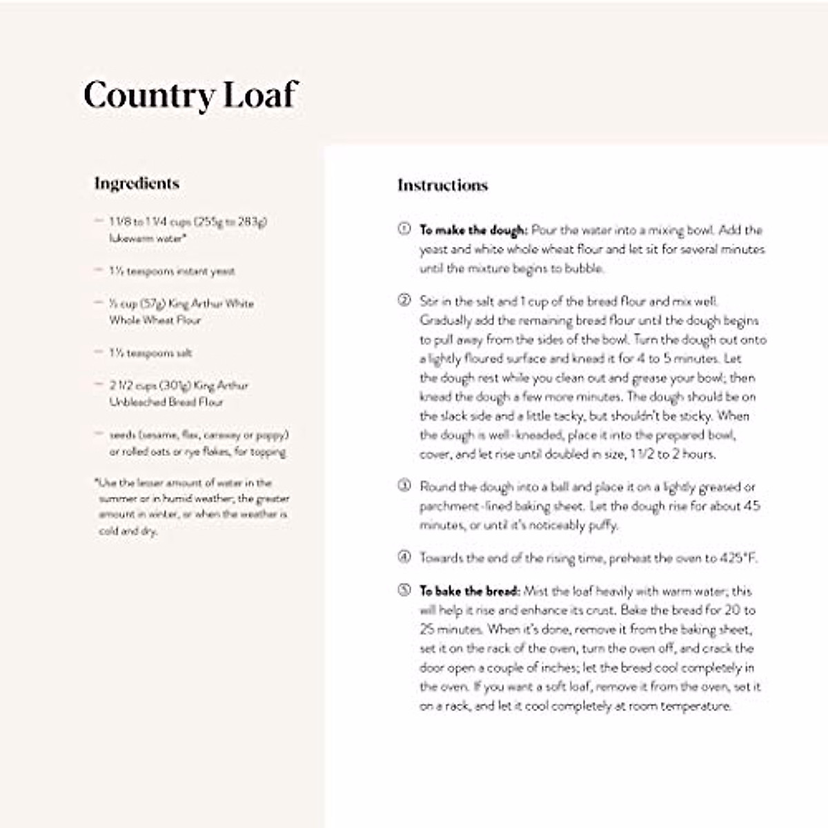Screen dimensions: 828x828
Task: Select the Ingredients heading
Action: pyautogui.click(x=137, y=184)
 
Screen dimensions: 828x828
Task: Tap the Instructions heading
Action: pyautogui.click(x=442, y=185)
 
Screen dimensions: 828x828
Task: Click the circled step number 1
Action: pyautogui.click(x=404, y=228)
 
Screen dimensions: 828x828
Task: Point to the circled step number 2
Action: pyautogui.click(x=404, y=299)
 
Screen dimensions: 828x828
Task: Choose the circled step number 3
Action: pyautogui.click(x=404, y=485)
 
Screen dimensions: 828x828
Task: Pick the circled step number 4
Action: pyautogui.click(x=404, y=556)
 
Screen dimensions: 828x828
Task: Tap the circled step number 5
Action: pyautogui.click(x=404, y=590)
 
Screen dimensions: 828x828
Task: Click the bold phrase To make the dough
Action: pyautogui.click(x=473, y=230)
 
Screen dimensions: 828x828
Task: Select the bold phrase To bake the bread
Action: pyautogui.click(x=469, y=591)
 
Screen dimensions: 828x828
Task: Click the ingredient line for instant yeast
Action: pyautogui.click(x=172, y=271)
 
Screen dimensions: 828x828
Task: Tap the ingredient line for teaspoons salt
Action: pyautogui.click(x=150, y=353)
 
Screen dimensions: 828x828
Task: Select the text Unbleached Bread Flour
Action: pyautogui.click(x=166, y=402)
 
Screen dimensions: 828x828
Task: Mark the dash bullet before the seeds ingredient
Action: pyautogui.click(x=99, y=434)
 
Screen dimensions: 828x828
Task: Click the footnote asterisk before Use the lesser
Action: pyautogui.click(x=97, y=482)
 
